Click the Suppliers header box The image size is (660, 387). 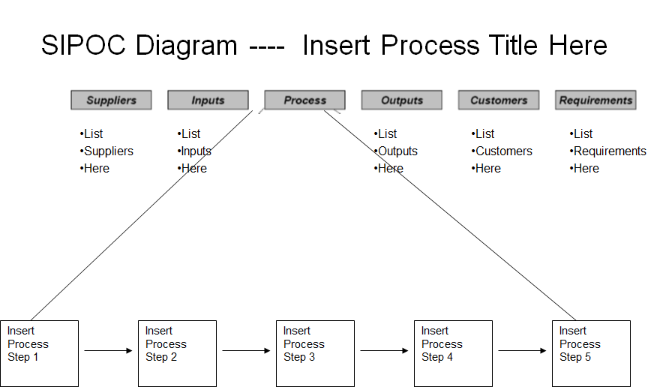tap(111, 100)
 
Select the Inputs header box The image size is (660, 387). tap(208, 100)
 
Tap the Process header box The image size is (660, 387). tap(304, 100)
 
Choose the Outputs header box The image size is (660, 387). tap(401, 100)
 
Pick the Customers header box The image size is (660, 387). tap(499, 100)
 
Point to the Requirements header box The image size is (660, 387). tap(595, 100)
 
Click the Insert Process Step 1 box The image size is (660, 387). tap(39, 353)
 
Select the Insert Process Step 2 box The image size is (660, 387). tap(177, 353)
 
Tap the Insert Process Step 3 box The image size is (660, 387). tap(315, 353)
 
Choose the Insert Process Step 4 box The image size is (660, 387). tap(453, 353)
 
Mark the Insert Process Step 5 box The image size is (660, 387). tap(591, 353)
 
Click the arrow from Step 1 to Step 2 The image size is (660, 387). tap(108, 350)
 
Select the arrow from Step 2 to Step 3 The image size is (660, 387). tap(246, 350)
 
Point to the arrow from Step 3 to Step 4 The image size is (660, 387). tap(384, 350)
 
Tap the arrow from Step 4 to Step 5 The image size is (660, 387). tap(522, 350)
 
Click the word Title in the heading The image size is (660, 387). tap(515, 46)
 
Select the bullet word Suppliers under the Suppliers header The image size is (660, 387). tap(109, 151)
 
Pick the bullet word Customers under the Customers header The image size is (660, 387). tap(503, 151)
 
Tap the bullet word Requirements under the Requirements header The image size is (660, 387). tap(610, 151)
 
